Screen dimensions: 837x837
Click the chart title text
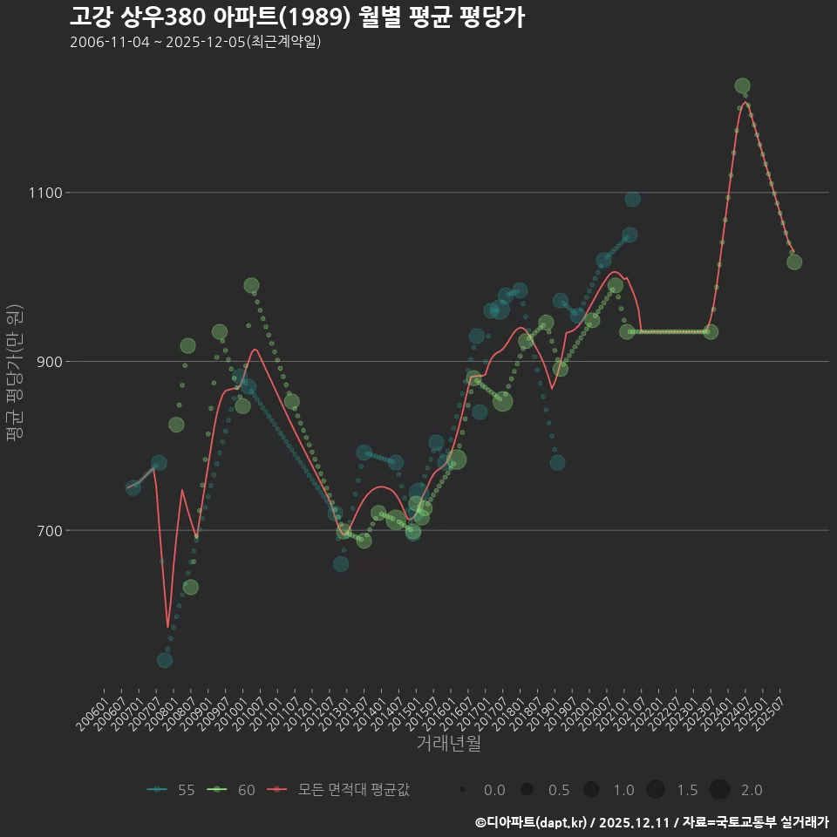[296, 17]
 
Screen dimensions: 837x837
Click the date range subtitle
[195, 42]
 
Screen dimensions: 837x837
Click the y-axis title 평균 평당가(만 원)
[13, 375]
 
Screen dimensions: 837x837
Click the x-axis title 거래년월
[448, 744]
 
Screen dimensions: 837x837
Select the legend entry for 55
[171, 790]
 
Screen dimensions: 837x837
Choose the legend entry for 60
[232, 790]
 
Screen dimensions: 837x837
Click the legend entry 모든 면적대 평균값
[342, 790]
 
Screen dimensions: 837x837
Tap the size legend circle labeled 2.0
[719, 790]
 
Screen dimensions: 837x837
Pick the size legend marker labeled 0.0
[463, 790]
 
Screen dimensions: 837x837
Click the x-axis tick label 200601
[92, 708]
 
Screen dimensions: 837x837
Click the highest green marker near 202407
[742, 85]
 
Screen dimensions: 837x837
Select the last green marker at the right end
[794, 262]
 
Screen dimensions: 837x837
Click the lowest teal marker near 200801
[165, 660]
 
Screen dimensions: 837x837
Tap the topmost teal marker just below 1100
[632, 200]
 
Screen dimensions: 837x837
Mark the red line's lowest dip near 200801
[167, 627]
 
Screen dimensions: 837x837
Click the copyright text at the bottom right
[651, 821]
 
